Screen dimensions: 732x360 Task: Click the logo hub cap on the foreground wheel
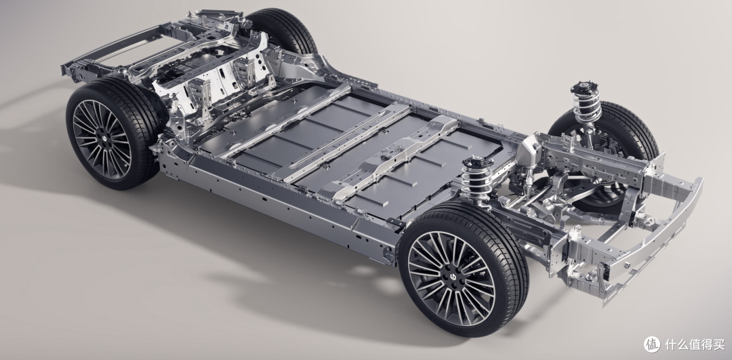click(451, 278)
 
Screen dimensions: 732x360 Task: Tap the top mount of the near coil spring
click(477, 163)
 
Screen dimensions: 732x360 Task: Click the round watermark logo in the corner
click(652, 344)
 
